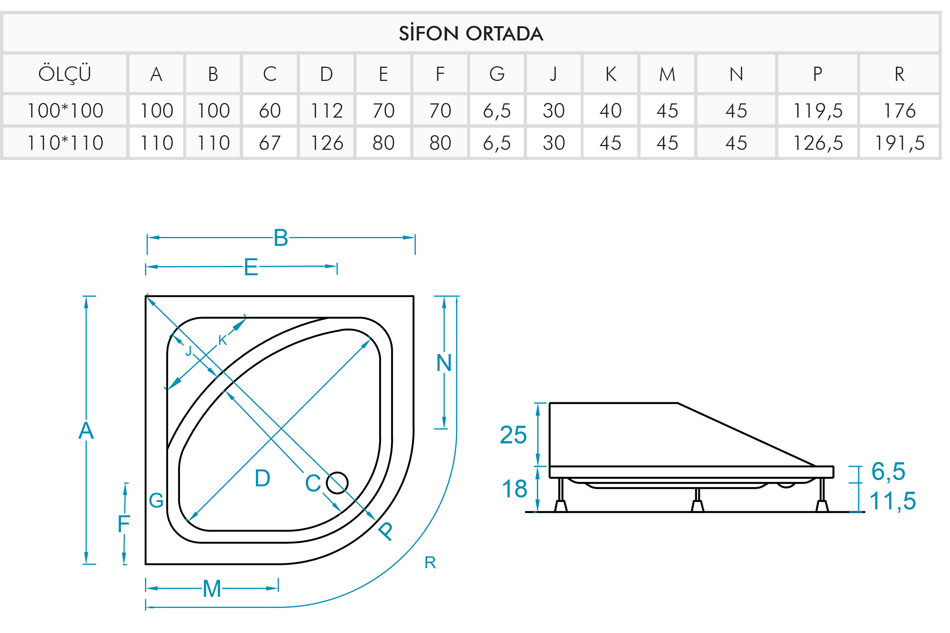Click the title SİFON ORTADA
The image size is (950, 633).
coord(471,33)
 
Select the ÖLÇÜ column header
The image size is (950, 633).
coord(64,74)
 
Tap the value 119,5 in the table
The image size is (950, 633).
coord(817,110)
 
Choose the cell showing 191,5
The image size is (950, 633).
coord(899,142)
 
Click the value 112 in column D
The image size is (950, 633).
coord(327,110)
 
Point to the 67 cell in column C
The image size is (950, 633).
coord(270,142)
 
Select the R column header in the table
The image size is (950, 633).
coord(899,74)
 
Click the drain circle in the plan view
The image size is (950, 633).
coord(337,483)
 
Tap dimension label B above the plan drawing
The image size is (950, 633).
coord(281,237)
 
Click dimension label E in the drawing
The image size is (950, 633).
coord(251,267)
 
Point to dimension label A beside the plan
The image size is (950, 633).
coord(86,430)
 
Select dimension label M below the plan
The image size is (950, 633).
coord(212,588)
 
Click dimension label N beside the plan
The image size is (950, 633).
coord(444,363)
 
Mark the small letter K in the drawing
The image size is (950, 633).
coord(223,340)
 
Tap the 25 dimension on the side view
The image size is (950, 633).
coord(513,435)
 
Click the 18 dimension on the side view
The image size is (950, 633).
coord(514,488)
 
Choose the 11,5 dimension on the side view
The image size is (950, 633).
coord(892,501)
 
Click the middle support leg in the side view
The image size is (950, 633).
coord(697,500)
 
